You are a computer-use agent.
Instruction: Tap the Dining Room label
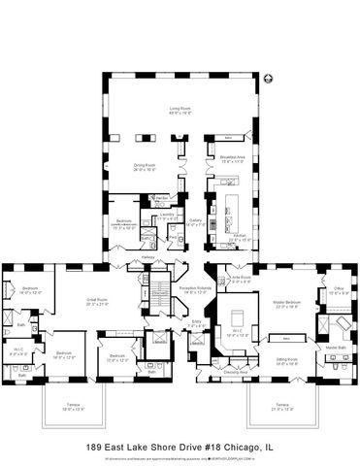(145, 166)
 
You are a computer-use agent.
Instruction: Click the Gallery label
(195, 221)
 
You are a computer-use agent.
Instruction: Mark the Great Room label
(99, 301)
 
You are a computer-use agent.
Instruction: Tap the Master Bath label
(336, 347)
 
